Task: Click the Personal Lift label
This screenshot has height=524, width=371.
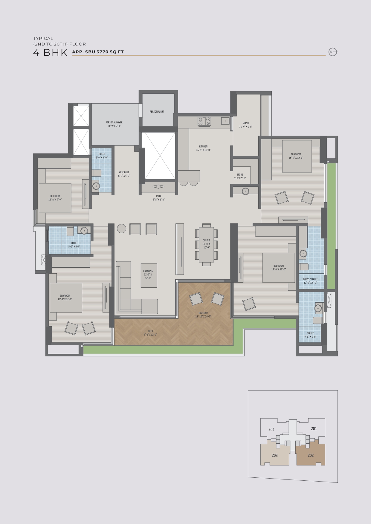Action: coord(157,112)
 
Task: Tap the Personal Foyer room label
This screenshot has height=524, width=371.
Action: coord(114,124)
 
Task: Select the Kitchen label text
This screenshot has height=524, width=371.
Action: coord(203,148)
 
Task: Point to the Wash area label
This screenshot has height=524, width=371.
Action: coord(246,125)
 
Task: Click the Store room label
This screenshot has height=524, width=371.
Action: coord(240,176)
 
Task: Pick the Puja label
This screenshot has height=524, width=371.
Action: coord(158,198)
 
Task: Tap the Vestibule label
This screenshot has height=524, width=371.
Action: coord(124,174)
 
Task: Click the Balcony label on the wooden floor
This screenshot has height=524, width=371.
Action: coord(203,315)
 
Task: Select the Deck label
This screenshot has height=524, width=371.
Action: coord(150,333)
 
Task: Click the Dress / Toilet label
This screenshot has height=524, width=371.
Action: coord(310,281)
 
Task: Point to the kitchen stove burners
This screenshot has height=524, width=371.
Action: coord(204,121)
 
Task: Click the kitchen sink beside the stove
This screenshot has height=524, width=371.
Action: coord(225,121)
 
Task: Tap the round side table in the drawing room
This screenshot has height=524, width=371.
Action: coord(121,229)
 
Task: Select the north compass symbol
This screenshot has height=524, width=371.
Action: coord(333,52)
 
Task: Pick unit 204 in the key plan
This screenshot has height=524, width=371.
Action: coord(271,430)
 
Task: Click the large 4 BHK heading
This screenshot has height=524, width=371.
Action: coord(51,52)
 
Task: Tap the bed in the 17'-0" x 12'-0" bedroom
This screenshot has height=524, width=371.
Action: coord(279,268)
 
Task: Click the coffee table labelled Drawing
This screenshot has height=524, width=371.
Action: coord(149,275)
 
